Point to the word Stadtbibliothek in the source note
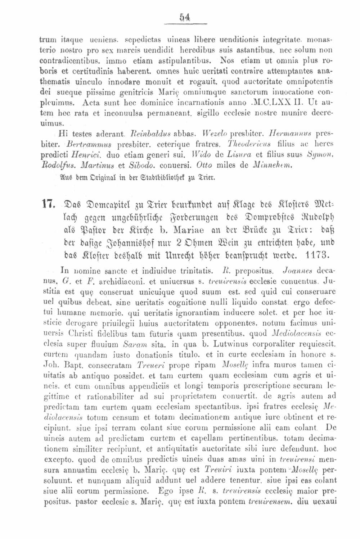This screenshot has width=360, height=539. [x=148, y=176]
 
